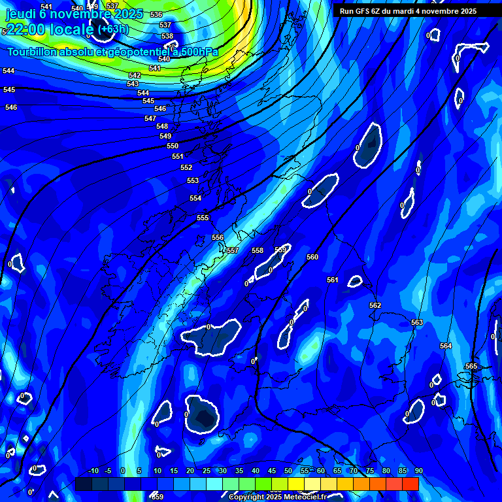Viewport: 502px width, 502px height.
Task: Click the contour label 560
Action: [x=312, y=257]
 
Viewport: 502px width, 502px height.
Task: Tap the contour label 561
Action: [x=333, y=280]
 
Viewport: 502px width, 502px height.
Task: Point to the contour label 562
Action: [x=375, y=305]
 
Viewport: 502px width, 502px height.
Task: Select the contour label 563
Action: [x=417, y=322]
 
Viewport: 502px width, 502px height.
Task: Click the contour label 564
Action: [x=446, y=346]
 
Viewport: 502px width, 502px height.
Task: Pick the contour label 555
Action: [x=203, y=218]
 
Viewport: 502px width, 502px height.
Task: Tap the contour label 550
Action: [x=173, y=146]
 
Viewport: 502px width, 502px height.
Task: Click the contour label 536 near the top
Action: [x=156, y=14]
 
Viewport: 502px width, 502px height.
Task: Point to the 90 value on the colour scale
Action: [x=418, y=471]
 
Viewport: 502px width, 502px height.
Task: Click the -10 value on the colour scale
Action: [x=93, y=471]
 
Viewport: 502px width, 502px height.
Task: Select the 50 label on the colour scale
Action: [x=288, y=471]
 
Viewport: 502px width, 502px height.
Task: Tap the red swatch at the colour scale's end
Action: [x=410, y=484]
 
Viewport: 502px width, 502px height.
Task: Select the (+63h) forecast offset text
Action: [x=113, y=29]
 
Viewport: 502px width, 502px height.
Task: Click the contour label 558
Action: [x=258, y=250]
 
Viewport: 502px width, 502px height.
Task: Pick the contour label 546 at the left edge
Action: [x=11, y=107]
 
